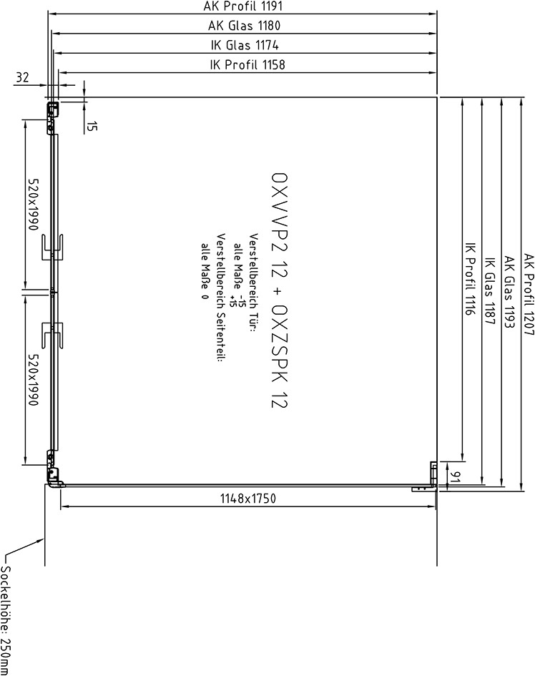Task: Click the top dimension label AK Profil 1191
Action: point(242,6)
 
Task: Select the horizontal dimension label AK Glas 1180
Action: point(244,26)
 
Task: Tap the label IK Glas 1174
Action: point(245,45)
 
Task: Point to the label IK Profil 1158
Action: point(247,64)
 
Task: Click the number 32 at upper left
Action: point(22,77)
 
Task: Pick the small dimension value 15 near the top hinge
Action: point(92,126)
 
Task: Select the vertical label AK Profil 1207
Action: point(529,294)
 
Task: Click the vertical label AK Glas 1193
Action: point(509,293)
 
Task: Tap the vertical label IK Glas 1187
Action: point(490,291)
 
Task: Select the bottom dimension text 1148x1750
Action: point(248,499)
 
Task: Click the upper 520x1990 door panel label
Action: point(33,205)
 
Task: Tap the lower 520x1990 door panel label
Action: point(33,380)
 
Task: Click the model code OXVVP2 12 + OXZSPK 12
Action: point(280,290)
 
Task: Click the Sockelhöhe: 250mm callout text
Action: point(6,620)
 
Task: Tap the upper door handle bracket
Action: point(53,247)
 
